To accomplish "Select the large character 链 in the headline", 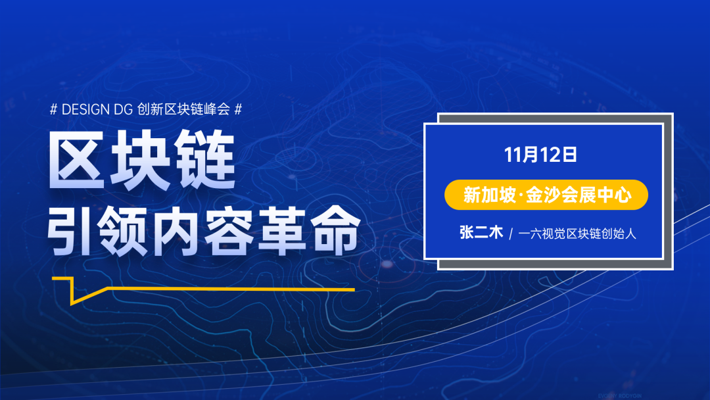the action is click(x=206, y=159).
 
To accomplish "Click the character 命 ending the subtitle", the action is click(x=335, y=231).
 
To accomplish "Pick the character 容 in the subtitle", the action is click(x=229, y=231).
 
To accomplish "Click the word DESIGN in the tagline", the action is click(x=85, y=109).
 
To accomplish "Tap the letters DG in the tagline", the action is click(x=123, y=109).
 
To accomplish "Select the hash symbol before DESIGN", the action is click(x=53, y=109).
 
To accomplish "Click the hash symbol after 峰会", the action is click(x=238, y=109).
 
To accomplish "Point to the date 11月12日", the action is click(x=540, y=155).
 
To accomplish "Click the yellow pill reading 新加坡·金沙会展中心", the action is click(x=546, y=195).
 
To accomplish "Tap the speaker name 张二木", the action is click(x=481, y=233).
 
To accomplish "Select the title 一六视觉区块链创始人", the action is click(x=577, y=234).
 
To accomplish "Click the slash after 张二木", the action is click(x=511, y=234).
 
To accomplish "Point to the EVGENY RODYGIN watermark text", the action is click(x=620, y=396).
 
